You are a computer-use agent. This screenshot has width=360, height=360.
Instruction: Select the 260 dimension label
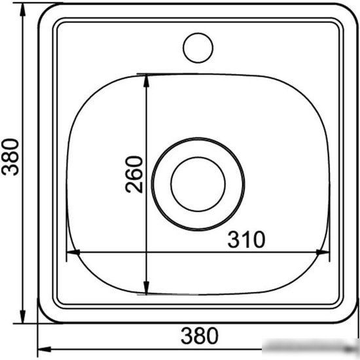tap(134, 175)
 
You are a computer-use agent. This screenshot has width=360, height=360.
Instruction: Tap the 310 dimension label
tap(246, 240)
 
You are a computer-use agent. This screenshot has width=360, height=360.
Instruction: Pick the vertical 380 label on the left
tap(10, 157)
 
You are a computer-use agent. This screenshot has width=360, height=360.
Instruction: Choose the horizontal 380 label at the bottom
tap(200, 336)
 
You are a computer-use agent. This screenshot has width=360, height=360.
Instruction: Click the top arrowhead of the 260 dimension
tap(146, 81)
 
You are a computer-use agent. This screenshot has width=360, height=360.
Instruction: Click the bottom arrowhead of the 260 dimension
tap(146, 287)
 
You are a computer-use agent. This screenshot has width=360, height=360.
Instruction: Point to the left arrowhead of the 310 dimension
tap(73, 252)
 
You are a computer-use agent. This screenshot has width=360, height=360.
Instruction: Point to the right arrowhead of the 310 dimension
tap(323, 252)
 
